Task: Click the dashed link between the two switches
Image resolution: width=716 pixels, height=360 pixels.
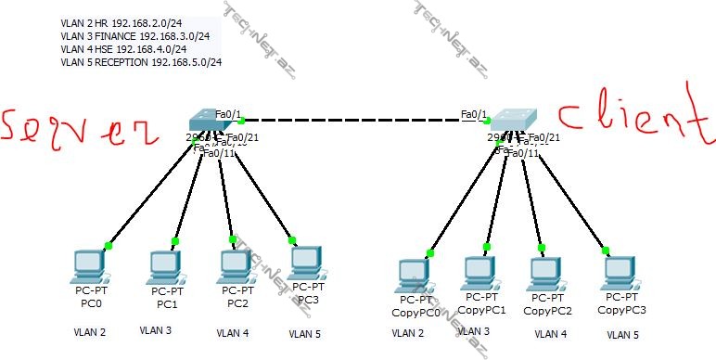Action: [x=362, y=120]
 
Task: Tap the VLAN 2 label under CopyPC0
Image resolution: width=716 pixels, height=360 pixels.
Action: [x=408, y=332]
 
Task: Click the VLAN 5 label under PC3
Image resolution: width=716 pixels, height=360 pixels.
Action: [x=304, y=333]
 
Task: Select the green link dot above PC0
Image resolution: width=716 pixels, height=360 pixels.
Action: [x=109, y=246]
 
